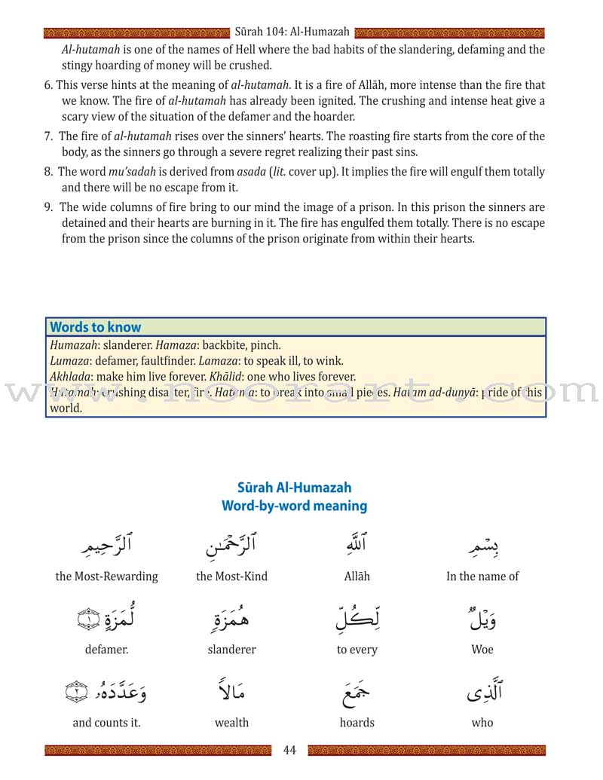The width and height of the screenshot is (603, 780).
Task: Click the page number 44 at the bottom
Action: (290, 751)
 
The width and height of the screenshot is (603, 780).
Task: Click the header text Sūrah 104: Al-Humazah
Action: (292, 32)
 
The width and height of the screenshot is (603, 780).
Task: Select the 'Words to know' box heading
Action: (95, 327)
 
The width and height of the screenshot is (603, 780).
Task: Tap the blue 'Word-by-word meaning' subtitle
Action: (294, 506)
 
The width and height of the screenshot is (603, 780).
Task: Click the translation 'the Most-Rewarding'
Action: (107, 577)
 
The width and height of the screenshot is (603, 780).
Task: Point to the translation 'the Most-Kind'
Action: (231, 577)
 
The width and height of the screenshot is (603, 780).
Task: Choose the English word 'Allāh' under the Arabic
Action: (357, 577)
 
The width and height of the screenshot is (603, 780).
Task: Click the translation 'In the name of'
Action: (482, 577)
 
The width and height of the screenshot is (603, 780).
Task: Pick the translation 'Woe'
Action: (482, 650)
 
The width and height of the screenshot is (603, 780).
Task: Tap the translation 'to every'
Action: (357, 650)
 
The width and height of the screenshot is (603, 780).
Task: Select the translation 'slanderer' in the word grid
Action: (231, 650)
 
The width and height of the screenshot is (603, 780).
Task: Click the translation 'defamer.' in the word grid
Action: (106, 650)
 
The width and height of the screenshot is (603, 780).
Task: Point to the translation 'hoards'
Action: (357, 723)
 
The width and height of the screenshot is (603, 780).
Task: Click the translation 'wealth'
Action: (231, 723)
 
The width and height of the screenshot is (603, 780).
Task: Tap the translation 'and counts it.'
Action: (106, 723)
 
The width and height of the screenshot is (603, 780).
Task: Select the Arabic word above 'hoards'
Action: (357, 691)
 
